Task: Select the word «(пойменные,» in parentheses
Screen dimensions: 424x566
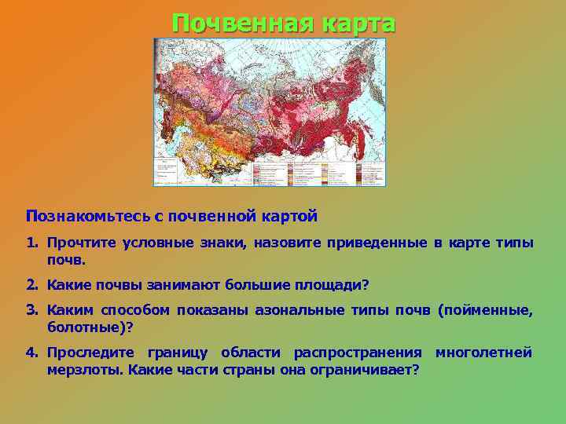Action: pos(486,312)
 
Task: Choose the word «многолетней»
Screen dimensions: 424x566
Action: pos(483,353)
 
